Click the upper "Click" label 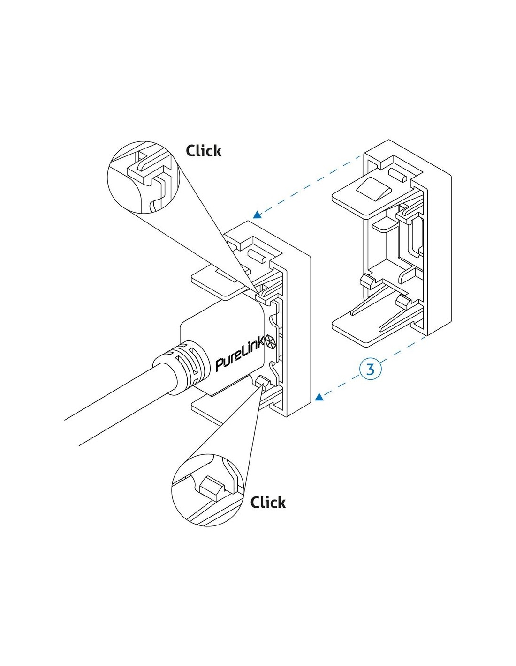[x=203, y=151]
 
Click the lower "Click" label [x=267, y=503]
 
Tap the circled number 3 [x=371, y=369]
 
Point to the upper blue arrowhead [x=256, y=215]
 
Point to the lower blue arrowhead [x=319, y=398]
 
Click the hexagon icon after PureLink [x=271, y=341]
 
